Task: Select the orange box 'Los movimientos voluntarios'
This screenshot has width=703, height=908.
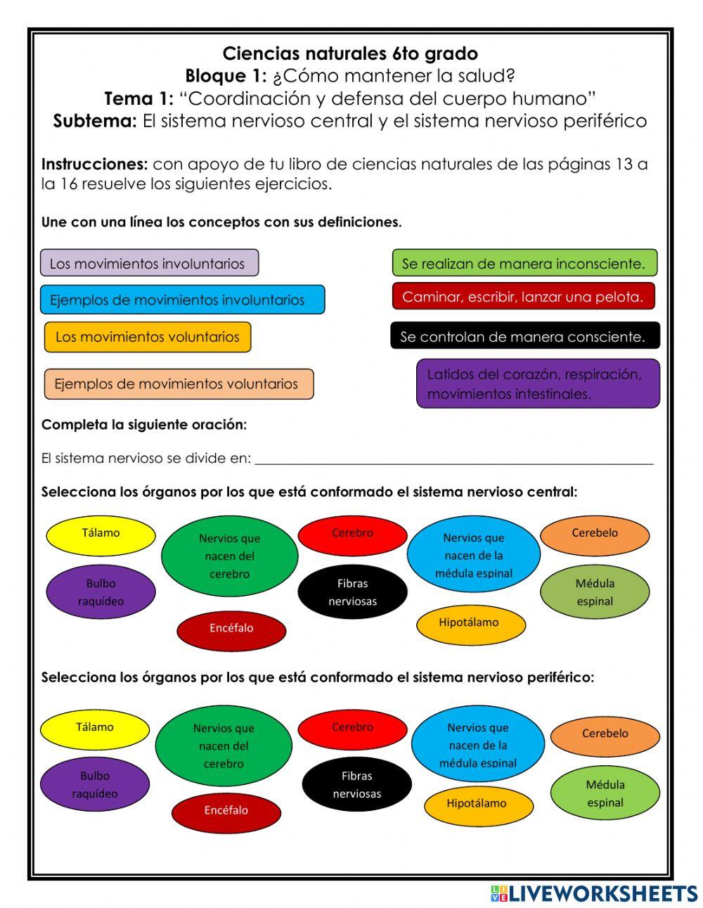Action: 148,337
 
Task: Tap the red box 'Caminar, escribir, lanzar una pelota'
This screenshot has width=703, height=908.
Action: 523,297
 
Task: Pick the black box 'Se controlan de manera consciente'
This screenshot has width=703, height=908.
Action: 525,335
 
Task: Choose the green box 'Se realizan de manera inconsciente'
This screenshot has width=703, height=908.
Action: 524,263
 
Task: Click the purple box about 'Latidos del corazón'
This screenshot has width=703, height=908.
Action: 538,383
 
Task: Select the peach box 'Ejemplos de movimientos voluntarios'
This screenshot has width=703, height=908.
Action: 179,384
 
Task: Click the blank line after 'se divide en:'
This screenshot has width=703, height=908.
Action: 453,459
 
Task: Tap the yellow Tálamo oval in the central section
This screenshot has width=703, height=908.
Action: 101,535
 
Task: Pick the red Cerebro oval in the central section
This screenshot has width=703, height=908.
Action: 352,535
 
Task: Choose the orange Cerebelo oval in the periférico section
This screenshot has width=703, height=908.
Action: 605,736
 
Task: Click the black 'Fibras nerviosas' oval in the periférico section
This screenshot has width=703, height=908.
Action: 356,785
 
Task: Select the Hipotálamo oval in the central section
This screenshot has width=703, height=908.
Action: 470,624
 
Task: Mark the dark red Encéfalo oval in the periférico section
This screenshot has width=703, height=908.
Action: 226,812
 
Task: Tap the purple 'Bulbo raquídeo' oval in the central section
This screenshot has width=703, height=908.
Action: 101,592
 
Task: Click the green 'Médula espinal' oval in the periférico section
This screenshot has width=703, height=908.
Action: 605,793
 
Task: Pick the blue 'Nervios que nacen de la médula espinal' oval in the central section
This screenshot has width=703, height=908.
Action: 473,555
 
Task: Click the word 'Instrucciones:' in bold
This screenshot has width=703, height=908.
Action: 94,165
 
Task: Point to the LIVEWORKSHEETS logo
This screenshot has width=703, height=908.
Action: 593,893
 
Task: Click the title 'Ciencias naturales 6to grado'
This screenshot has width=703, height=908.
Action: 350,53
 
